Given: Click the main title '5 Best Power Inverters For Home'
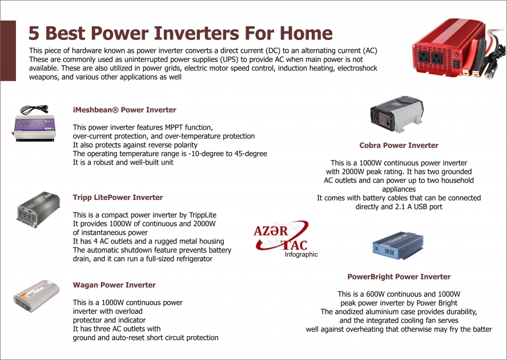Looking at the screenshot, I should pos(180,33).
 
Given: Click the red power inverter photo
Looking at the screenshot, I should pos(451,58).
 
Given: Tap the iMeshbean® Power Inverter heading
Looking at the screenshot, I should pos(124,110).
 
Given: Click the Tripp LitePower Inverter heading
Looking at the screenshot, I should pos(118,197).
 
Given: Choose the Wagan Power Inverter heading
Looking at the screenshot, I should pos(114,285).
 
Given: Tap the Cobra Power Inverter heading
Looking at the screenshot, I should pos(399,145).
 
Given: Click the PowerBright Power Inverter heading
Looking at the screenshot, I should pos(399,277).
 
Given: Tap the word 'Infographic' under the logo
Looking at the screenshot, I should pos(301,255).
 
